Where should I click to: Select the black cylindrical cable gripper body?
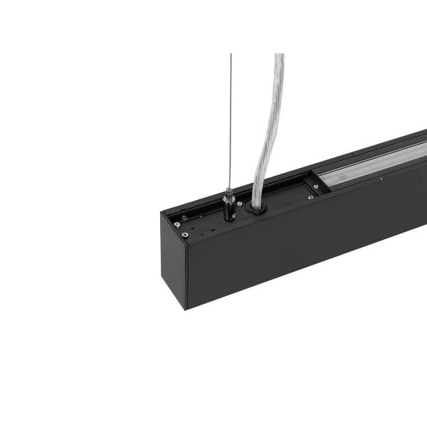228,211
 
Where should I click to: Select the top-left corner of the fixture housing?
162,213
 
